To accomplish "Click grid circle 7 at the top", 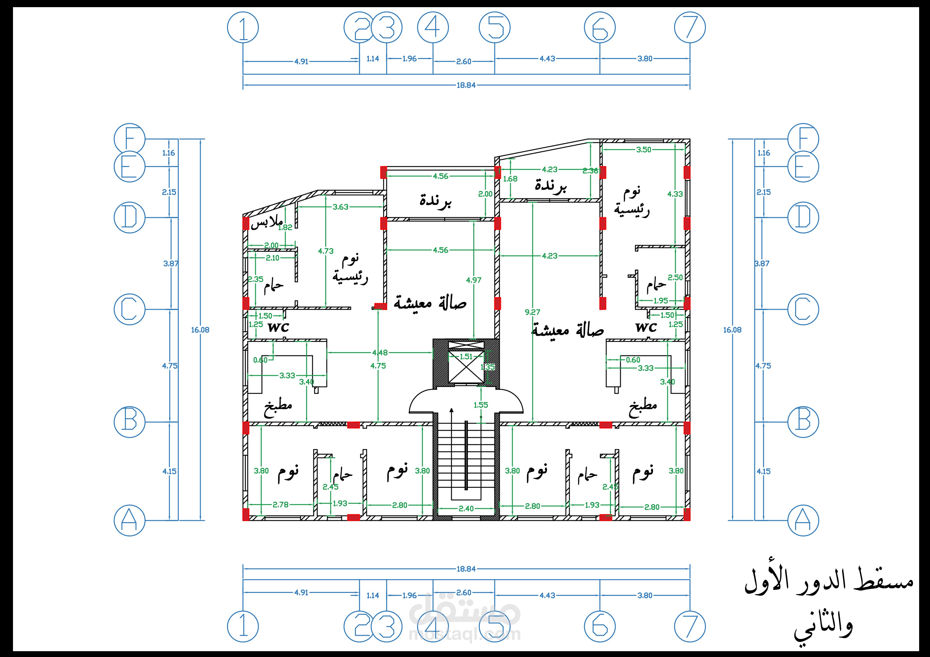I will pos(690,28).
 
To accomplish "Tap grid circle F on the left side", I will pos(129,139).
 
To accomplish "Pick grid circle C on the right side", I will pos(803,309).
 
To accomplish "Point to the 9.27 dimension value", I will pos(532,312).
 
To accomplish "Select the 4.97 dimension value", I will pos(473,280).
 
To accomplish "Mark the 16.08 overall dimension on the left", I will pos(200,330).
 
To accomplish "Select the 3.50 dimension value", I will pos(644,150).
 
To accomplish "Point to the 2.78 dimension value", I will pos(280,505).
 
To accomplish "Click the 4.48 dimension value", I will pos(380,353).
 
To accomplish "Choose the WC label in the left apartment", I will pos(278,327).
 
